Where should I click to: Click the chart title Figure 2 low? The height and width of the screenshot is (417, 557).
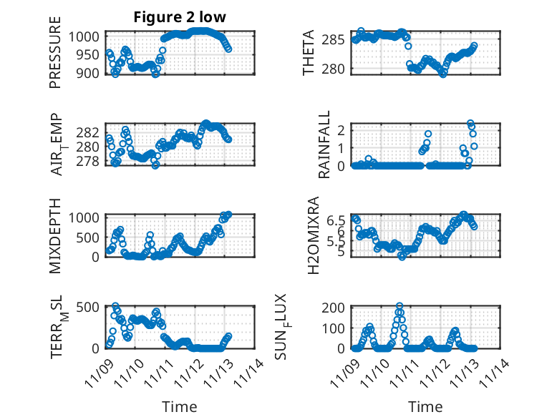(x=180, y=18)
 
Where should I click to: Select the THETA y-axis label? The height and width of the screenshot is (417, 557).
(x=309, y=52)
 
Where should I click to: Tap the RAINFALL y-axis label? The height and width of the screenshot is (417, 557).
(x=324, y=144)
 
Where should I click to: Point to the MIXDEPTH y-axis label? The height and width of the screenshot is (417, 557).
(x=55, y=235)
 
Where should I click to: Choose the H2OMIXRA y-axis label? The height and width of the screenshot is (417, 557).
(x=313, y=235)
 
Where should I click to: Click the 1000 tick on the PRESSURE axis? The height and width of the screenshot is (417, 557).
(x=87, y=36)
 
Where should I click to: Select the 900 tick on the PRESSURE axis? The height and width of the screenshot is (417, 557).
(x=90, y=72)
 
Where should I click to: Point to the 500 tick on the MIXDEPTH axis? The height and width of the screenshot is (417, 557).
(x=90, y=236)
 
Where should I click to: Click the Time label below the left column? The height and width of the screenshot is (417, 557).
(x=179, y=406)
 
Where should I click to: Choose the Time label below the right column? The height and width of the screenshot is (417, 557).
(x=425, y=406)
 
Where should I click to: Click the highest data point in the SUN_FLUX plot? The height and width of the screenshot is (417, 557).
(x=399, y=306)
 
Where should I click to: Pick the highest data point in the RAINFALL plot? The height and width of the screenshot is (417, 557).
(x=470, y=124)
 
